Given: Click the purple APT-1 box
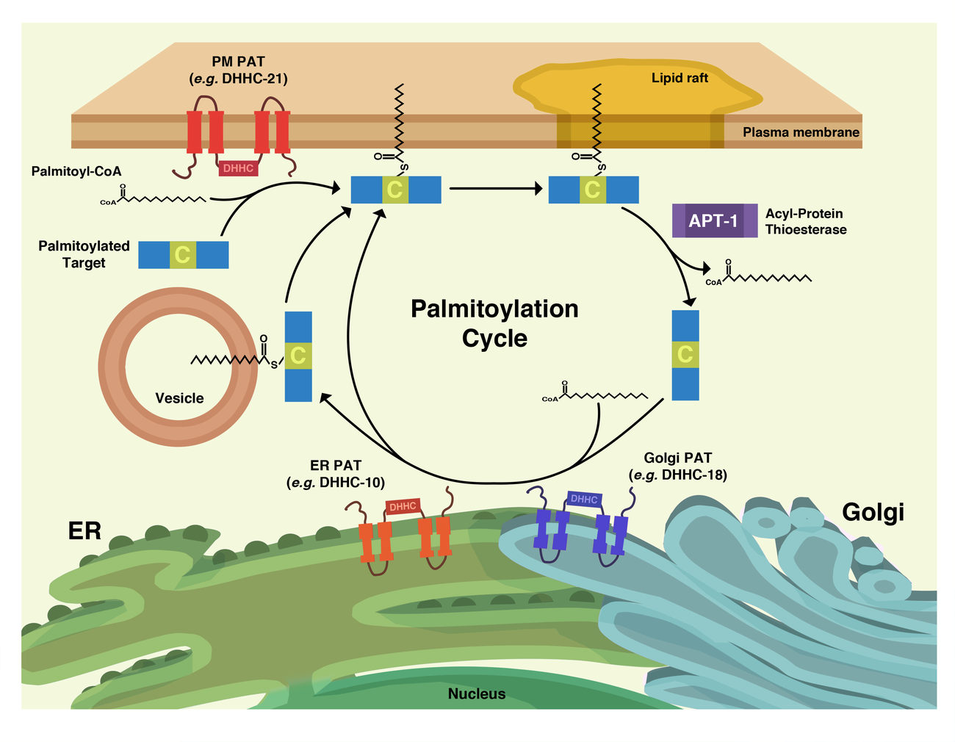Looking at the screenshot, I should (714, 220).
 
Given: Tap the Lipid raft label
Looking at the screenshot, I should (680, 78).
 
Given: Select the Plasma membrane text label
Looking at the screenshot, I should (801, 133).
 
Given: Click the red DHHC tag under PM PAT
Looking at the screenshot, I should (238, 168).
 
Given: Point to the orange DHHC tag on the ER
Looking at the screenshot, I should (403, 506).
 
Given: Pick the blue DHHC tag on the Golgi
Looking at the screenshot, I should (584, 500).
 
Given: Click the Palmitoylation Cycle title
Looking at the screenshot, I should (494, 323).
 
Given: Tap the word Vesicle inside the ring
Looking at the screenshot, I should (179, 398).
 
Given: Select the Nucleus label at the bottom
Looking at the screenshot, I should (477, 694).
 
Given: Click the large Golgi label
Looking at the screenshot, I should (873, 512).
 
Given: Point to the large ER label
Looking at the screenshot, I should (84, 530).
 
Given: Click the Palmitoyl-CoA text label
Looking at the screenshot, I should (76, 171).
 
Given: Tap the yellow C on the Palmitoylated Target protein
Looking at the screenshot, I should (183, 255).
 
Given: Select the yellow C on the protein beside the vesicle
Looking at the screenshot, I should (298, 356).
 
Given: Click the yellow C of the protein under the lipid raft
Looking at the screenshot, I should (592, 190).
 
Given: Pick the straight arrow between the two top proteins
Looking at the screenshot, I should (494, 189).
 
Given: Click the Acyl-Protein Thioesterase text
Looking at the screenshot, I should (805, 221).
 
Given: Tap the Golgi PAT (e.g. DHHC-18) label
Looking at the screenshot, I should (677, 467).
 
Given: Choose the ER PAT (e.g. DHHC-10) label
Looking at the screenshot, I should (336, 474).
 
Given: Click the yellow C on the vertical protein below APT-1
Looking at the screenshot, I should (685, 354).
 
